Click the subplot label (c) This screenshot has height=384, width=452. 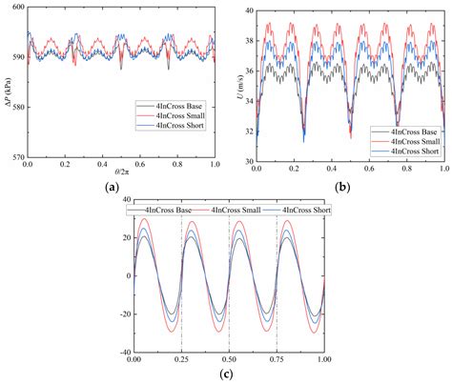228,374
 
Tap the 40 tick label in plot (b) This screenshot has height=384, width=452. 246,10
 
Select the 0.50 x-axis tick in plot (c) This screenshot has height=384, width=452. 229,361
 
